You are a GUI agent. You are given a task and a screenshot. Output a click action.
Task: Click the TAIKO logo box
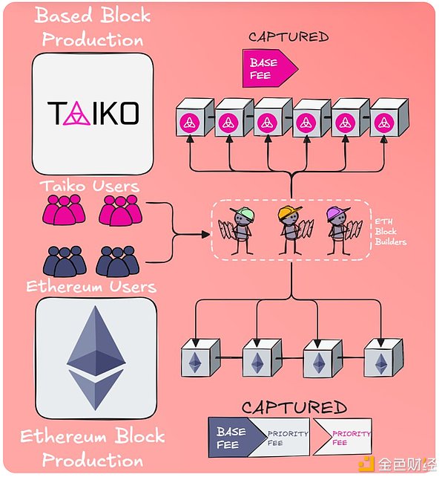pos(93,113)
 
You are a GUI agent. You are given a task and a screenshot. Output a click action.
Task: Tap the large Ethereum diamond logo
pos(96,355)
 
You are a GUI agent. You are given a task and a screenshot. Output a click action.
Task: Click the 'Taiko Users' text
pos(90,185)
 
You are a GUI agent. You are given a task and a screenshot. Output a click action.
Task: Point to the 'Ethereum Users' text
pos(90,287)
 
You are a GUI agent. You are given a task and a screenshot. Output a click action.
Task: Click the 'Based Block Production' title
pos(92,26)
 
